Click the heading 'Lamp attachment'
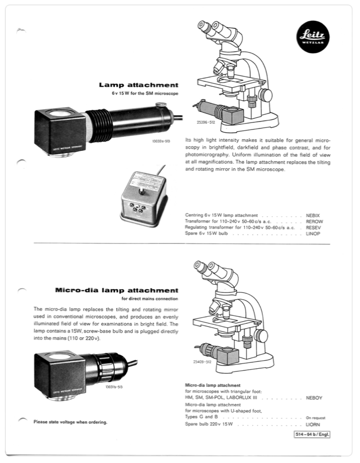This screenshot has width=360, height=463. (x=138, y=85)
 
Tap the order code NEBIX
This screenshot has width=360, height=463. (x=313, y=215)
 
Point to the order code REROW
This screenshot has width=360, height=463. (x=314, y=221)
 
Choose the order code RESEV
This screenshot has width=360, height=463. (x=313, y=227)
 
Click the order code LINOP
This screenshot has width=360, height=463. (x=313, y=234)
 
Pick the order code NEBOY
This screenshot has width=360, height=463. (x=314, y=398)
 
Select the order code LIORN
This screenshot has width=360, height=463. (x=313, y=424)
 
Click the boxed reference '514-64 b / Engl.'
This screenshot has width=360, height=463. (x=312, y=434)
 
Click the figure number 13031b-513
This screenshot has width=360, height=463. (x=113, y=386)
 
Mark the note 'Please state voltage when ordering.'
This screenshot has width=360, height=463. (x=70, y=422)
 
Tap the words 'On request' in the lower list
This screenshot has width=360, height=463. (x=316, y=418)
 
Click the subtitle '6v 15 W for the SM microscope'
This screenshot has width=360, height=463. (x=141, y=94)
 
